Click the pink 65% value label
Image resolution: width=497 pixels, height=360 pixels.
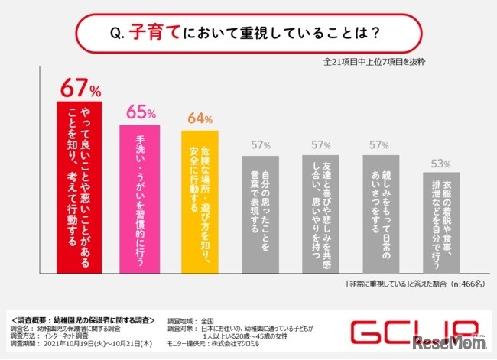pos(141,112)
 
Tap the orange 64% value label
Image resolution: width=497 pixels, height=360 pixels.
pos(200,118)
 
